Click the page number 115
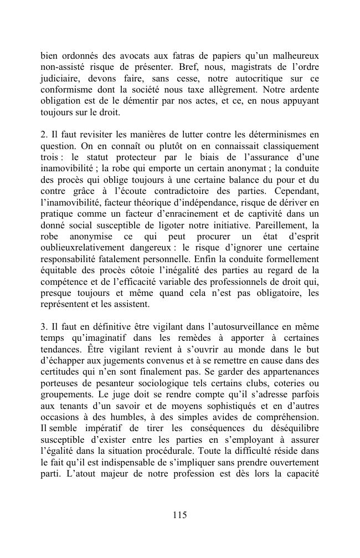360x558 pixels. [x=179, y=515]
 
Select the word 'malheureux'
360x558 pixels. [x=296, y=57]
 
